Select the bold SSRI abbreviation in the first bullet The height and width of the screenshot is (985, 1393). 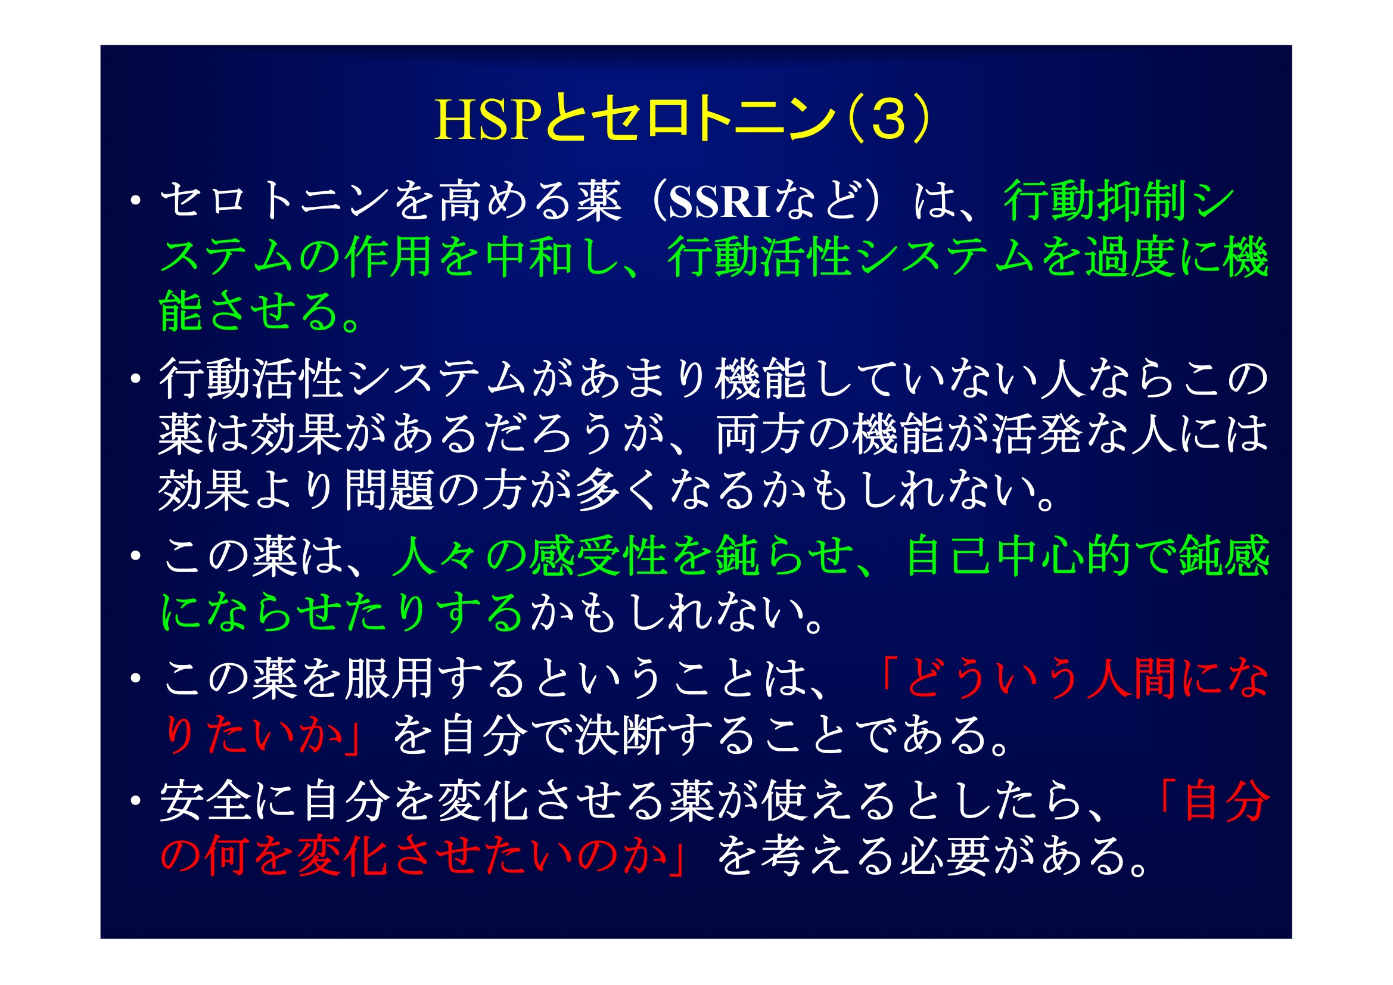coord(719,202)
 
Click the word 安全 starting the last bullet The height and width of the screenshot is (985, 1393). coord(204,800)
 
